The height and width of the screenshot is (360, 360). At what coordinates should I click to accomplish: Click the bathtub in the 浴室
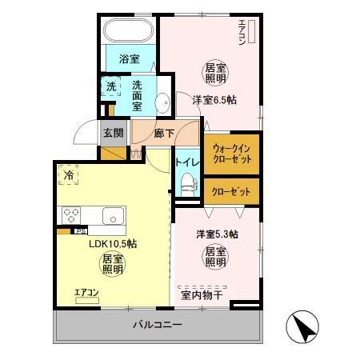(129, 33)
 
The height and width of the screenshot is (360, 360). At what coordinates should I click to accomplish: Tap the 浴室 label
(129, 58)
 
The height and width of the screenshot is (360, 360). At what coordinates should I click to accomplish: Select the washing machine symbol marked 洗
(110, 86)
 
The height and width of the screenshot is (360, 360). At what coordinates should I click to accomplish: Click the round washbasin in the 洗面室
(161, 102)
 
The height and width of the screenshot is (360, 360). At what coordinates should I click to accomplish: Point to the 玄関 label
(113, 134)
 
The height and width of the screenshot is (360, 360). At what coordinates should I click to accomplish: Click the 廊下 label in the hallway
(164, 134)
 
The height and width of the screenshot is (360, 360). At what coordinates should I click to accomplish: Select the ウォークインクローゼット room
(231, 154)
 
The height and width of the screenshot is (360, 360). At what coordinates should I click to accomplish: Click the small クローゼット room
(231, 192)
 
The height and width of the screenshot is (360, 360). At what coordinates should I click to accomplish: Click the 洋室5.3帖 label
(218, 234)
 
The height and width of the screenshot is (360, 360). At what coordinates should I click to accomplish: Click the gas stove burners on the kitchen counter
(70, 214)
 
